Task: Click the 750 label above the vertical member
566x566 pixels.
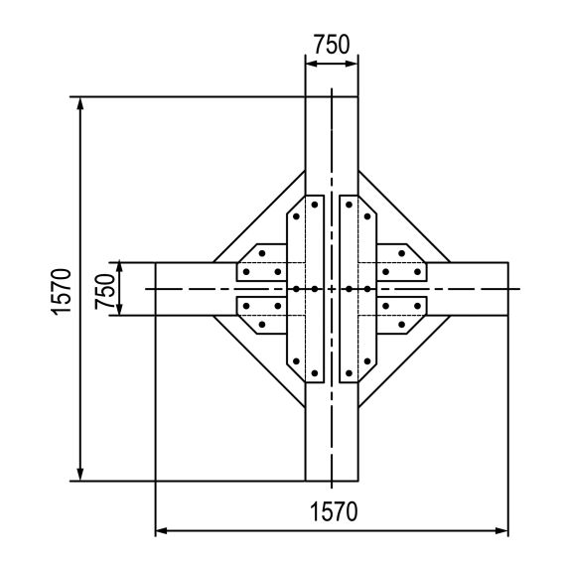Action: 331,45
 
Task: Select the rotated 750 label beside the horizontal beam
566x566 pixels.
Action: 103,289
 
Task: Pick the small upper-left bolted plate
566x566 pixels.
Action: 260,263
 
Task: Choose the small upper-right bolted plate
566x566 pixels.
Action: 402,263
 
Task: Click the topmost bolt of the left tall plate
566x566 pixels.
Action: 314,205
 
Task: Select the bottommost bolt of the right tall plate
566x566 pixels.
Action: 350,372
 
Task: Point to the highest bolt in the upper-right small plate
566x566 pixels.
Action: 401,253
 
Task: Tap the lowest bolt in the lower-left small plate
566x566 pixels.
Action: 262,324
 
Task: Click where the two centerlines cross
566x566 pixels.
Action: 332,289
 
